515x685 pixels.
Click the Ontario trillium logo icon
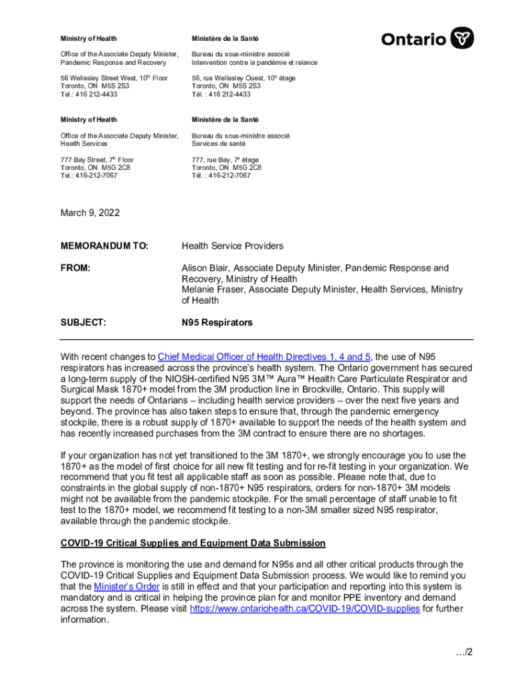(x=463, y=38)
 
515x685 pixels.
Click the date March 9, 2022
(x=90, y=213)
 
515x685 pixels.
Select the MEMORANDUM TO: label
(x=104, y=246)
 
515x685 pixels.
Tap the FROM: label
(x=76, y=268)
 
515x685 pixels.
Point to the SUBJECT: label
(x=83, y=322)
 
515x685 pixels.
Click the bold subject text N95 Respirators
(x=217, y=322)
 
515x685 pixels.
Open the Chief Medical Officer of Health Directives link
(x=264, y=357)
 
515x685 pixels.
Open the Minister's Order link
(x=126, y=587)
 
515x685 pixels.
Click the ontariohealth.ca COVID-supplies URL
(x=305, y=609)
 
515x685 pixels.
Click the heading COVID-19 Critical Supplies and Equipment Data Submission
(x=193, y=543)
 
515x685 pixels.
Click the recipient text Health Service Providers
(x=233, y=246)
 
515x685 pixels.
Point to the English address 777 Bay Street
(x=91, y=160)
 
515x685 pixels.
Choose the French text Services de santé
(x=219, y=143)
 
